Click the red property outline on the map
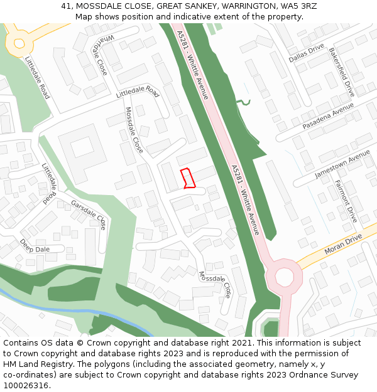pos(188,178)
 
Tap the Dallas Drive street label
pos(306,53)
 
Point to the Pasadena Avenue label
pos(328,117)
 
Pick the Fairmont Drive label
pos(346,201)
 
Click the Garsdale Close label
pos(89,213)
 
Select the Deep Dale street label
pos(34,245)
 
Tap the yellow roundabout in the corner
pos(19,43)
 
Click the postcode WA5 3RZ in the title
pos(297,6)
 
